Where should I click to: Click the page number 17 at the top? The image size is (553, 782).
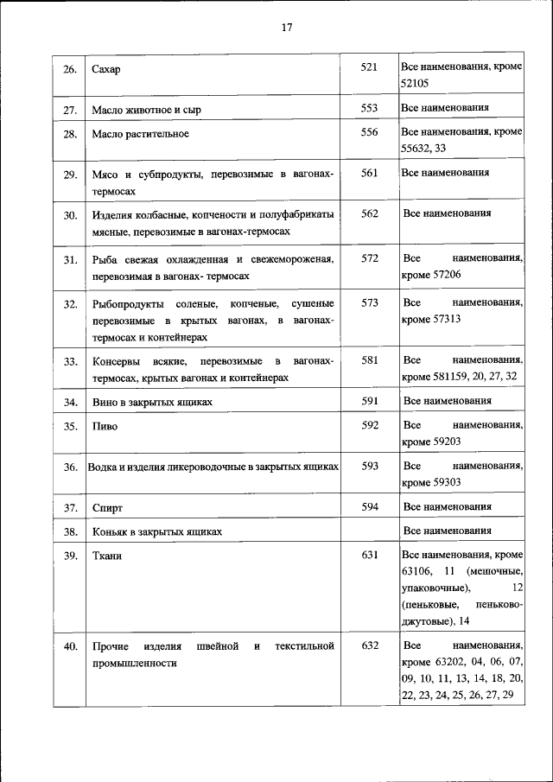click(287, 27)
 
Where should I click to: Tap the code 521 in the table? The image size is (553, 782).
click(370, 67)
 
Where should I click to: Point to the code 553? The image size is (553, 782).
click(370, 108)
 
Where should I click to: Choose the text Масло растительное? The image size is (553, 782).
click(140, 134)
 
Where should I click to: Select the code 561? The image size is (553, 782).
click(370, 173)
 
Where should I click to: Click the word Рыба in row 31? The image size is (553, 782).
click(105, 259)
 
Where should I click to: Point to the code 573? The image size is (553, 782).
click(370, 302)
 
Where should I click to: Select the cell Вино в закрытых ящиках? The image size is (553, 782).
click(152, 403)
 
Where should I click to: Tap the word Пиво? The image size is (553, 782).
click(105, 426)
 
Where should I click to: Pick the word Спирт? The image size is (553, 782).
click(107, 508)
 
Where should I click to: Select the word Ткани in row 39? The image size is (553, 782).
click(107, 556)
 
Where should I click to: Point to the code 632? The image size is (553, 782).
click(370, 645)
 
